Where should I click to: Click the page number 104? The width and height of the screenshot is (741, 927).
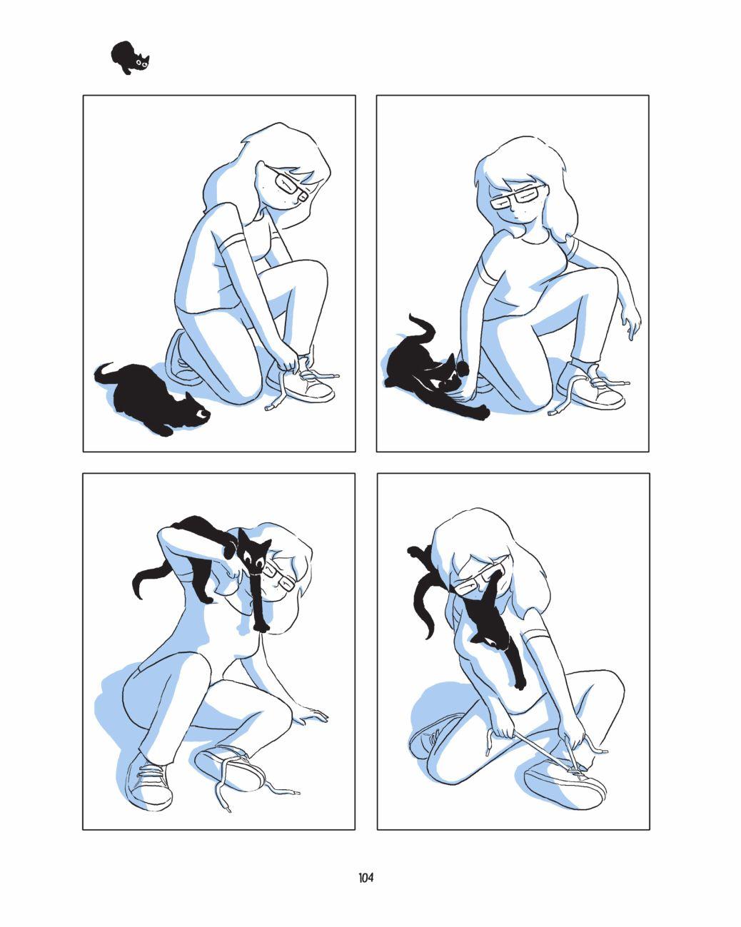366,878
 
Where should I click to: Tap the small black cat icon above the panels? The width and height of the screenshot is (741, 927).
130,58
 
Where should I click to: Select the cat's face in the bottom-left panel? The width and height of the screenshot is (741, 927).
254,557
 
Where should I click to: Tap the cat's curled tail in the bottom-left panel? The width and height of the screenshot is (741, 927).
146,582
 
